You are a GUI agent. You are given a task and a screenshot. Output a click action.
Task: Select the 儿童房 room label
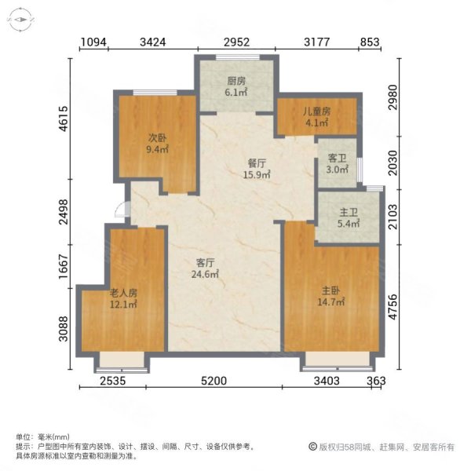(x=318, y=111)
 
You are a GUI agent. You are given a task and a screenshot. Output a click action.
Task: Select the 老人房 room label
(x=123, y=292)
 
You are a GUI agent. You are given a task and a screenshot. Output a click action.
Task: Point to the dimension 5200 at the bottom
(x=214, y=382)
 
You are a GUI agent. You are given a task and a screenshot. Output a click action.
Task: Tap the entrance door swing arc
(x=120, y=210)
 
